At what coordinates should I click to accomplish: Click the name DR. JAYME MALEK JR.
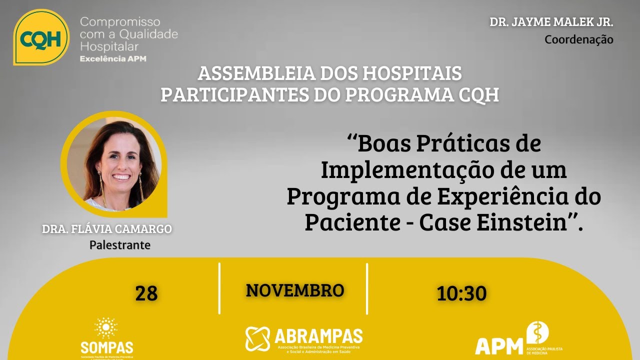pyautogui.click(x=551, y=22)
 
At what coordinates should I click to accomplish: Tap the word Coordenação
pyautogui.click(x=578, y=39)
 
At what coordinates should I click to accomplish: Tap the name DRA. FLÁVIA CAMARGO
pyautogui.click(x=107, y=229)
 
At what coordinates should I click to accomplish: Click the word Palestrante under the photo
pyautogui.click(x=119, y=245)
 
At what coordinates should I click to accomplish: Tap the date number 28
pyautogui.click(x=146, y=293)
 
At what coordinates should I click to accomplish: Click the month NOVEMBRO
pyautogui.click(x=295, y=290)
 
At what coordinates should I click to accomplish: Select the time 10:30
pyautogui.click(x=461, y=293)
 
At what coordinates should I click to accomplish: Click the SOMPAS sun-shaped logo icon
pyautogui.click(x=106, y=328)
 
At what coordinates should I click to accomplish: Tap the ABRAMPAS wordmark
pyautogui.click(x=318, y=336)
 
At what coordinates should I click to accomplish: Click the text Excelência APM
pyautogui.click(x=113, y=59)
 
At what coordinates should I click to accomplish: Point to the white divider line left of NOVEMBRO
pyautogui.click(x=219, y=288)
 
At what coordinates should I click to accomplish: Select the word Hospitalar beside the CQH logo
pyautogui.click(x=109, y=46)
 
